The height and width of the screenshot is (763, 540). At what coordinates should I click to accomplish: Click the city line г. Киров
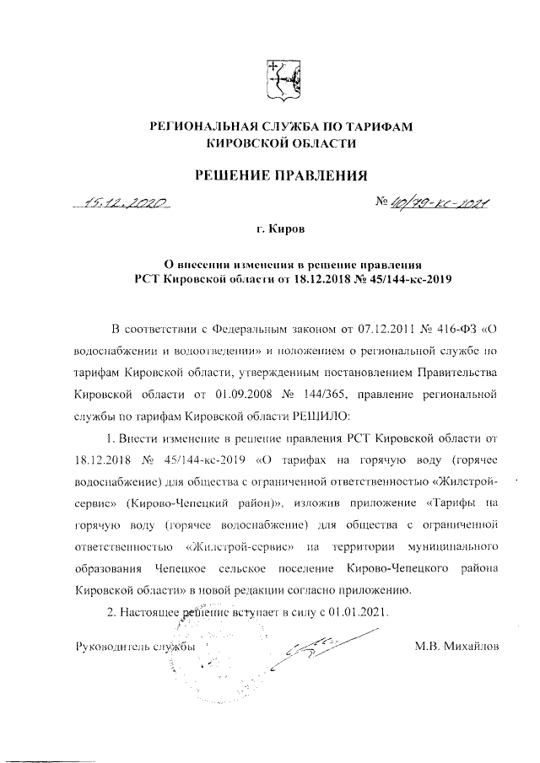pos(282,229)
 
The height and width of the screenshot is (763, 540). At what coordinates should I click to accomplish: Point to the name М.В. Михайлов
pos(456,647)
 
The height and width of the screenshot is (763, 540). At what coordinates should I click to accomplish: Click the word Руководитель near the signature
pos(106,647)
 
